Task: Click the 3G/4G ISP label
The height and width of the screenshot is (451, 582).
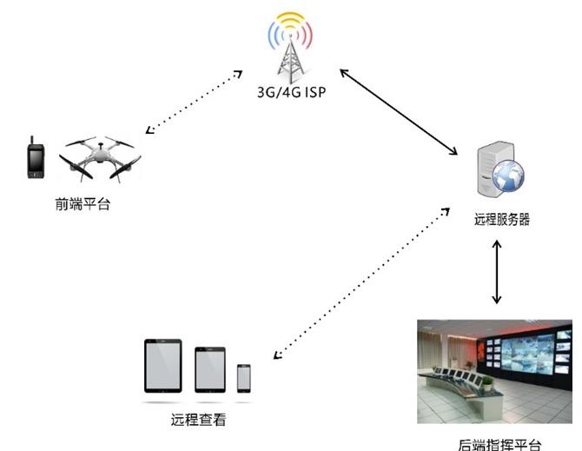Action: pyautogui.click(x=291, y=92)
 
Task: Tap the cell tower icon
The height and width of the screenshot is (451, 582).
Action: pyautogui.click(x=291, y=49)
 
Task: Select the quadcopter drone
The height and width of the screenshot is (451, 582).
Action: pyautogui.click(x=100, y=159)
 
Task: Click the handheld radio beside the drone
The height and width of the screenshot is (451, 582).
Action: pyautogui.click(x=36, y=158)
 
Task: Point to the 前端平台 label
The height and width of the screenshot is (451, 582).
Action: pyautogui.click(x=83, y=204)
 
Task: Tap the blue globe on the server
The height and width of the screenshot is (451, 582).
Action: pyautogui.click(x=508, y=176)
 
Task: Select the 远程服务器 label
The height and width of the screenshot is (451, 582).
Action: pyautogui.click(x=502, y=219)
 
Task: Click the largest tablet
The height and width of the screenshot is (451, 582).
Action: pyautogui.click(x=163, y=366)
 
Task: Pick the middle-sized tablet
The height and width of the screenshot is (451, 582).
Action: pyautogui.click(x=210, y=369)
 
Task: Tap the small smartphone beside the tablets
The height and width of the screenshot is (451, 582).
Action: pyautogui.click(x=244, y=378)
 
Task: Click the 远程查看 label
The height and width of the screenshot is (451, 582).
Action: pyautogui.click(x=199, y=420)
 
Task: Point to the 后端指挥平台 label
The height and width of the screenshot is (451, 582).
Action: pyautogui.click(x=499, y=445)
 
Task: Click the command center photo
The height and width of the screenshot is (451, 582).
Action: pyautogui.click(x=494, y=371)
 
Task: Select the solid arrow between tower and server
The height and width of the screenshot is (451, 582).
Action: pyautogui.click(x=399, y=112)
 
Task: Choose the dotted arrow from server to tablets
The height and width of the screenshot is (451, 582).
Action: pyautogui.click(x=361, y=283)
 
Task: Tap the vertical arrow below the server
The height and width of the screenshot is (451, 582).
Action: pyautogui.click(x=497, y=272)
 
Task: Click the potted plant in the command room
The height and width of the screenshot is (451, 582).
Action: pyautogui.click(x=487, y=383)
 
